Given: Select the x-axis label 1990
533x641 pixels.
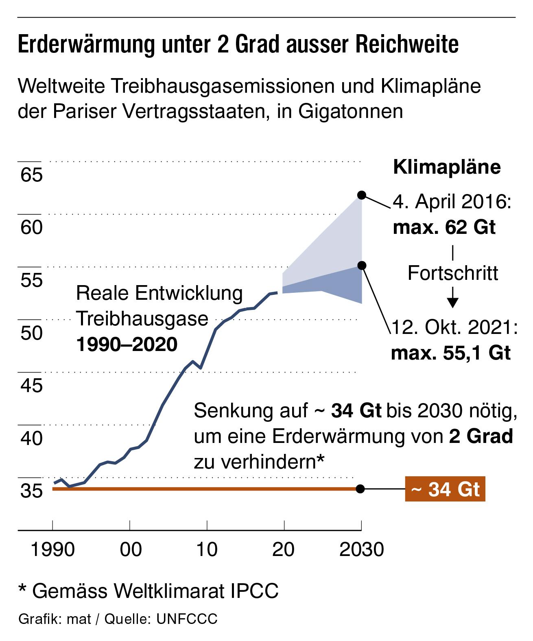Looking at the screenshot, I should point(53,550).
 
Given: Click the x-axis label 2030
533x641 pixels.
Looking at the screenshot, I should point(362,550).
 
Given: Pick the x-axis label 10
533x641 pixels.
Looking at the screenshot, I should point(207,550).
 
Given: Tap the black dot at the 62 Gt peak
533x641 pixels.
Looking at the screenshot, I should point(361,195).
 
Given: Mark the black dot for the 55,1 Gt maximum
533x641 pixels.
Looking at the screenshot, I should point(362,266).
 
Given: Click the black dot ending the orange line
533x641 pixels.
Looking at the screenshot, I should point(360,489).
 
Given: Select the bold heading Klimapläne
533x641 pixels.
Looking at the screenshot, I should point(447,168).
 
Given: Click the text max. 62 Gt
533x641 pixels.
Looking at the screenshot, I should point(444,227).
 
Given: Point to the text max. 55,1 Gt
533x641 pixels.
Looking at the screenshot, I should point(450,353).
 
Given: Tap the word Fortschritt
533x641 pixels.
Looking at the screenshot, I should point(453,273).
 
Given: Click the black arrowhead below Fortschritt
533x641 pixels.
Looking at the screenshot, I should point(453,302).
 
